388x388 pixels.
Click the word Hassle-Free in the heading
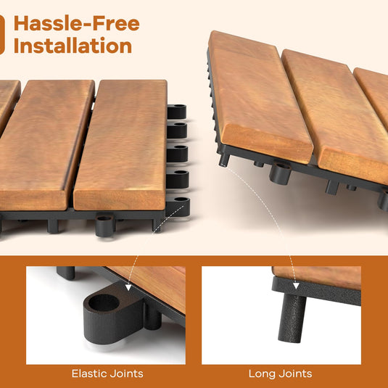tap(77, 23)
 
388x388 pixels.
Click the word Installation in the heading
tap(73, 46)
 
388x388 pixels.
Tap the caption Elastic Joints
tap(107, 373)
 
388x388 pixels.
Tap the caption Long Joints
tap(280, 373)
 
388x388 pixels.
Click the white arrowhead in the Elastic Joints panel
tap(128, 287)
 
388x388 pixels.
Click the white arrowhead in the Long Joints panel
tap(296, 286)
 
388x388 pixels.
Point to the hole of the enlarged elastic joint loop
tap(104, 303)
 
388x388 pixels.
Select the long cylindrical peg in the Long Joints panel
tap(292, 318)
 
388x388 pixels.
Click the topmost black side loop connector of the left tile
tap(177, 112)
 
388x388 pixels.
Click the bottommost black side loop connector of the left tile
tap(178, 207)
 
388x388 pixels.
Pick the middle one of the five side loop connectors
tap(177, 154)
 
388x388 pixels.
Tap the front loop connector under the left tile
tap(105, 225)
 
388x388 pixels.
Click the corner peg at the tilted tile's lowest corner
tap(224, 160)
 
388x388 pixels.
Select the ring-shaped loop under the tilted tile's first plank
tap(280, 173)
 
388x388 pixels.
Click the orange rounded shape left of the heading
tap(2, 35)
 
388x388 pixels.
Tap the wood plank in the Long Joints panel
tap(317, 278)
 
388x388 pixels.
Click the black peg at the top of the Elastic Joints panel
tap(65, 273)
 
